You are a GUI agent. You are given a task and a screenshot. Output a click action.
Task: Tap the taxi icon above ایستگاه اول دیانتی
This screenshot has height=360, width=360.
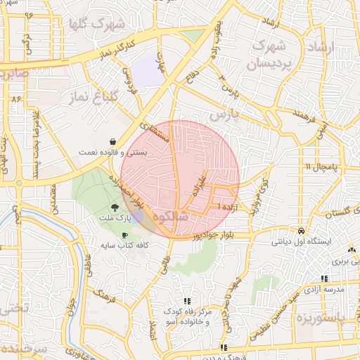301,231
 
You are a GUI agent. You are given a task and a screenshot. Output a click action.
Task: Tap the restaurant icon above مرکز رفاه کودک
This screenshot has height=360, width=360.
186,300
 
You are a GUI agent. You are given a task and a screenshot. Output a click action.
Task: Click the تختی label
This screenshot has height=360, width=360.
14,308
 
